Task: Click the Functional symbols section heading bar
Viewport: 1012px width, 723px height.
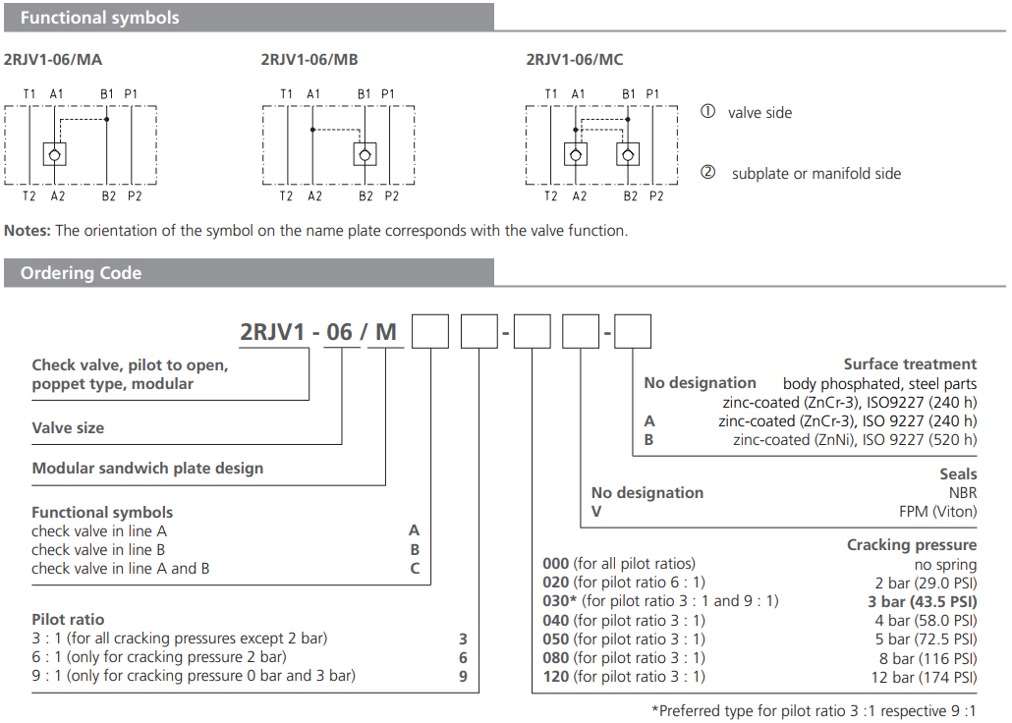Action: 246,18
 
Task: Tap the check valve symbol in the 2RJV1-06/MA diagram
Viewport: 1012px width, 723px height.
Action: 56,153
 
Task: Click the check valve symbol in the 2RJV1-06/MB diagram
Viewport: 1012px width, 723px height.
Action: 365,153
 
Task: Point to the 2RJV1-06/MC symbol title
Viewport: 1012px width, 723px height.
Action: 575,59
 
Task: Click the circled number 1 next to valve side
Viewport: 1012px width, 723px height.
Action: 707,112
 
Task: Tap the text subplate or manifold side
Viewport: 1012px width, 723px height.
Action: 815,174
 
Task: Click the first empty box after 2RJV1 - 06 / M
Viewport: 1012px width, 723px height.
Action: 429,331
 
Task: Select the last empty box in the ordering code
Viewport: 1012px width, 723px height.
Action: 633,331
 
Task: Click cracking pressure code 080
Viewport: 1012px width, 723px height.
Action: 556,657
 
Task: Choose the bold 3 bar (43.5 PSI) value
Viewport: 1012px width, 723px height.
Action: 922,601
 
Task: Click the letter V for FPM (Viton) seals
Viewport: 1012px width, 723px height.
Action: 595,512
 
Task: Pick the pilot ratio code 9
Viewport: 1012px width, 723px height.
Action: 463,676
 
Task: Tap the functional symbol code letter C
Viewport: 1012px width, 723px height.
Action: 415,568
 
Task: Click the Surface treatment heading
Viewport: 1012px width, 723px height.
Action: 910,363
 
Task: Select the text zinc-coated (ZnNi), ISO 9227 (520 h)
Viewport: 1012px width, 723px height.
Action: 855,440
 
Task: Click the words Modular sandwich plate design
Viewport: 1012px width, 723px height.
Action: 147,469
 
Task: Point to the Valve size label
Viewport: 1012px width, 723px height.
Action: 68,427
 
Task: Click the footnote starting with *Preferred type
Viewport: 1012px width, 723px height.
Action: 814,710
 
